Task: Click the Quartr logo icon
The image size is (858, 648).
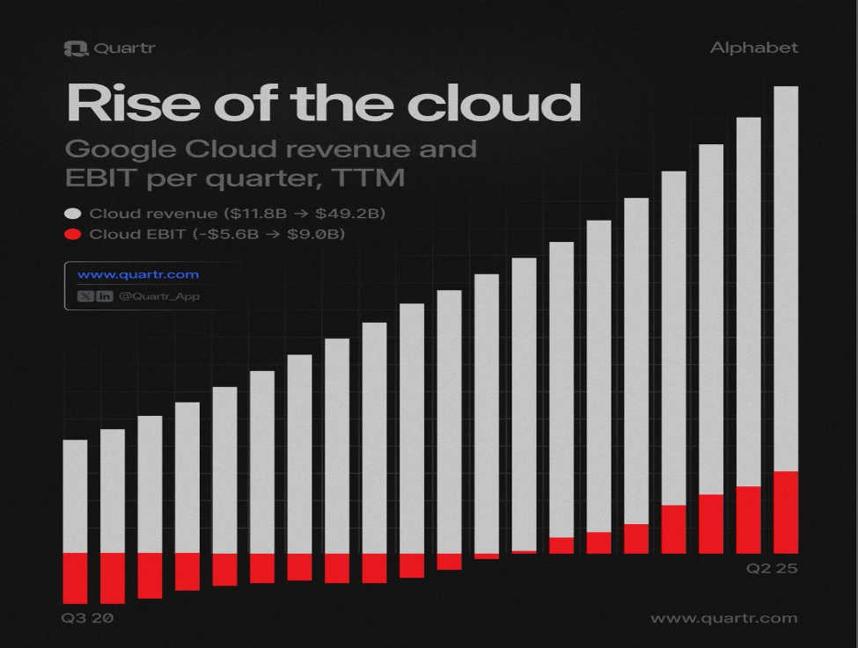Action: [x=76, y=48]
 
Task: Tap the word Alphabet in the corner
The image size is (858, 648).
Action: [x=754, y=48]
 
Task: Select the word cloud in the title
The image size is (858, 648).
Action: [x=494, y=102]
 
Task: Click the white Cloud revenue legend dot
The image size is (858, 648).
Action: [x=73, y=214]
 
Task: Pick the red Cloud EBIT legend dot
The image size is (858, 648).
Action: [x=73, y=234]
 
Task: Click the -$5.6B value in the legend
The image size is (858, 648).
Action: [x=225, y=234]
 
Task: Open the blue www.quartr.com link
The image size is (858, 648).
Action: [x=138, y=274]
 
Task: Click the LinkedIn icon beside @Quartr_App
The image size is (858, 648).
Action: [x=105, y=296]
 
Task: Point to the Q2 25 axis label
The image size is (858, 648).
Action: [x=772, y=569]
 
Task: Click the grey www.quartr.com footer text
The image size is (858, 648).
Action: [x=724, y=618]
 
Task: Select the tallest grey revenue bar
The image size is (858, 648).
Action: [x=786, y=279]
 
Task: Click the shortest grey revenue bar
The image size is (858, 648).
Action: [x=76, y=497]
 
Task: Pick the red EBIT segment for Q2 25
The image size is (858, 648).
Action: [x=786, y=513]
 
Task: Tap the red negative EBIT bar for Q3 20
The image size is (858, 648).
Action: [x=76, y=579]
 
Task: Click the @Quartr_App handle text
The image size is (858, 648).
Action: [x=159, y=296]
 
